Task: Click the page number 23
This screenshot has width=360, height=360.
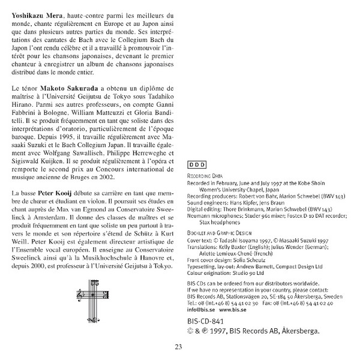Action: [x=179, y=346]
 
